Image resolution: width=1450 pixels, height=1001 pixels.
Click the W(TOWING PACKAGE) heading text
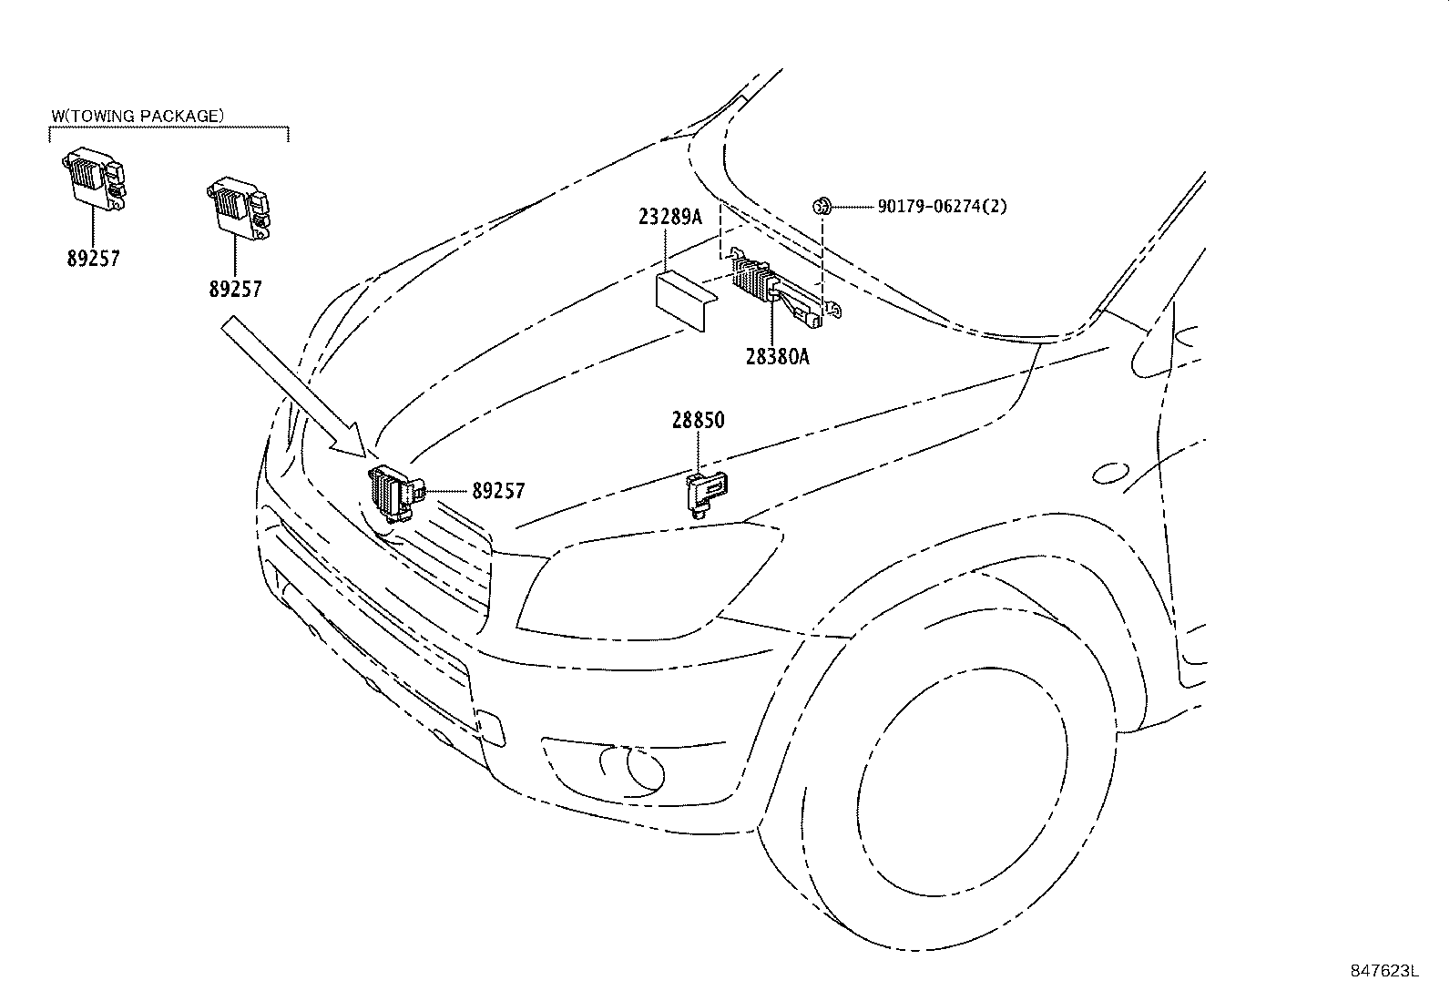[x=138, y=116]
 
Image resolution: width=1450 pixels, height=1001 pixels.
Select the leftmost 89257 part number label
[x=93, y=259]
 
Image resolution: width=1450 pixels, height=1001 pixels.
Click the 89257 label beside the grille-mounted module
[x=498, y=491]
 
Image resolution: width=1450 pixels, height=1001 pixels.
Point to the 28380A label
[x=779, y=357]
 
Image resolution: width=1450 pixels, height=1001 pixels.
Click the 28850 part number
[x=699, y=420]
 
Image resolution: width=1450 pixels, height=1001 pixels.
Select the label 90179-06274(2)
[x=942, y=207]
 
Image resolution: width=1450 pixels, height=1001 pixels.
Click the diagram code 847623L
[x=1384, y=971]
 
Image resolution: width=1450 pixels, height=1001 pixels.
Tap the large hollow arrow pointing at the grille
[x=291, y=383]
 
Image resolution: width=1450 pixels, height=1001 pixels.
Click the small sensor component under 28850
[x=707, y=492]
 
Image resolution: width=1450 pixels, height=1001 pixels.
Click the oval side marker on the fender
[x=1109, y=473]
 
